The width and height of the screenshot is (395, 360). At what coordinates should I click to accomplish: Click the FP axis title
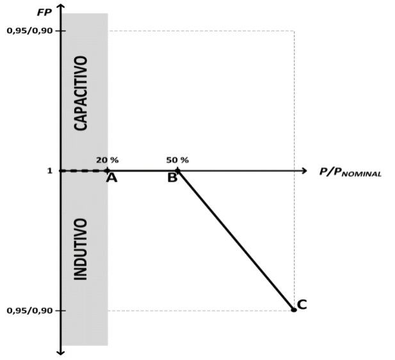(44, 12)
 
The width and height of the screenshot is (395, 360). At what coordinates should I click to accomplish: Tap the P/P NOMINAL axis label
(350, 173)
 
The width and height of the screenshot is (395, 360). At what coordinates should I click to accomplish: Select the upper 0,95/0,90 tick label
(29, 31)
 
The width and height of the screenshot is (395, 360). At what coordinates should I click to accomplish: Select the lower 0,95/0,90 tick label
(29, 311)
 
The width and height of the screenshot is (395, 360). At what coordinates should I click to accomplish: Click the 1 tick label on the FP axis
(50, 171)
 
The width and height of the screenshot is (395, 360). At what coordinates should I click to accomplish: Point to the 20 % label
(108, 160)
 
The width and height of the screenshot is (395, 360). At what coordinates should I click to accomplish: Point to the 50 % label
(177, 160)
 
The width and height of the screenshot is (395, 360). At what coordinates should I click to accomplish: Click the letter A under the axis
(111, 178)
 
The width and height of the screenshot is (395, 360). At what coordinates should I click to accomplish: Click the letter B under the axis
(172, 178)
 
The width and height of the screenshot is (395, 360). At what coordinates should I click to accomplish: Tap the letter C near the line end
(302, 304)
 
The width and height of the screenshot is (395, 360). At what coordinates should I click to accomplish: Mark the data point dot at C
(294, 310)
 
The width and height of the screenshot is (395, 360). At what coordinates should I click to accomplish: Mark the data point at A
(108, 171)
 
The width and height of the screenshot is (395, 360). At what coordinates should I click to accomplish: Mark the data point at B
(177, 171)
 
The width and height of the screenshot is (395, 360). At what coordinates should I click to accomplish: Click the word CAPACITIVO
(81, 93)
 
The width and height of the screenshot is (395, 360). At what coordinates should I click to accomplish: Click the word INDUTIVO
(81, 249)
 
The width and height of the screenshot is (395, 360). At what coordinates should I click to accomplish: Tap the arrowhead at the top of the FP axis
(60, 6)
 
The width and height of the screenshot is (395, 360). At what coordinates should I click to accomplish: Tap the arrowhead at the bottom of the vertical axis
(60, 352)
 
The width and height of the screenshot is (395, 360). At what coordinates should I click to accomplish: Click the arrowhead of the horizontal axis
(304, 171)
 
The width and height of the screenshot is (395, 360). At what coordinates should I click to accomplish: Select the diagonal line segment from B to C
(236, 240)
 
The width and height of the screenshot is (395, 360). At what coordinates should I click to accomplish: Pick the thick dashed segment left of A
(84, 171)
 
